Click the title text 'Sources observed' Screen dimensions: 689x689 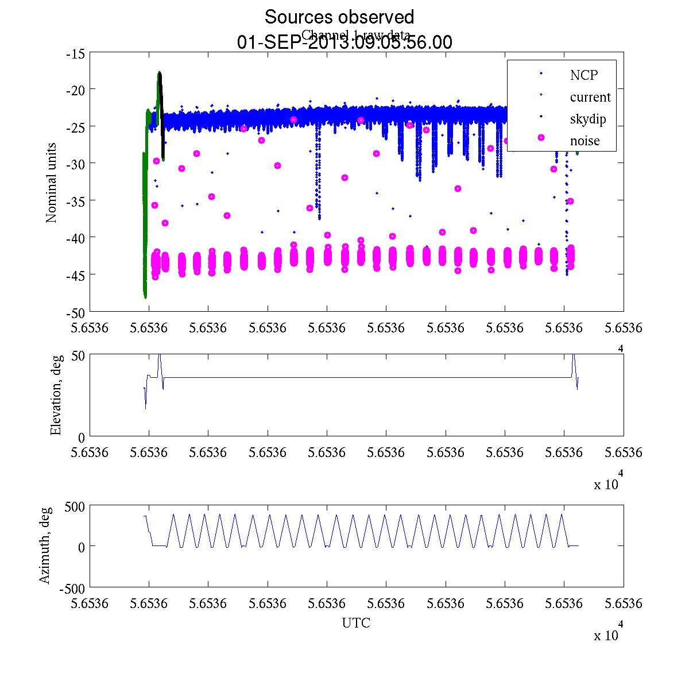(339, 17)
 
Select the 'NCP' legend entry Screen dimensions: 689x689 (583, 75)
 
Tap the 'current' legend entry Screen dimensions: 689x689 (590, 97)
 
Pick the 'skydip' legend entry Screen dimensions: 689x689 (587, 119)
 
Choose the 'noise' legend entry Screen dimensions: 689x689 (585, 141)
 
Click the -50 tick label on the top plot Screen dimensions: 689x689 (76, 313)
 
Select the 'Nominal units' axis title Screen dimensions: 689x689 (52, 183)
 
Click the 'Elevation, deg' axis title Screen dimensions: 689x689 (56, 395)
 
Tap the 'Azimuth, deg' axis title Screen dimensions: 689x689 (45, 545)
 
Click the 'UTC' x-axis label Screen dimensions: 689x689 (356, 623)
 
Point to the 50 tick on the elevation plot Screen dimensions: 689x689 (79, 355)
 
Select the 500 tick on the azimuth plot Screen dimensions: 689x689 (75, 506)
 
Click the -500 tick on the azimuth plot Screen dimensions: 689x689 (73, 589)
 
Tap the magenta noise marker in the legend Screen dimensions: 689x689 (540, 138)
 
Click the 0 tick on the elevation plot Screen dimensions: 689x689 (82, 438)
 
